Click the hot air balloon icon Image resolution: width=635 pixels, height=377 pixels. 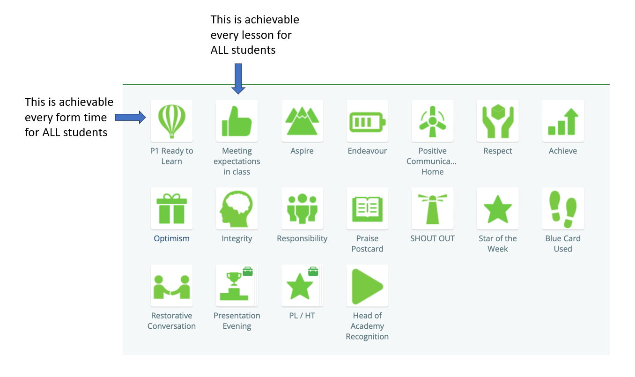(x=171, y=121)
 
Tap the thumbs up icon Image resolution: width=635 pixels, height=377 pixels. (x=236, y=121)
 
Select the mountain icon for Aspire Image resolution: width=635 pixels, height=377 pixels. (x=302, y=121)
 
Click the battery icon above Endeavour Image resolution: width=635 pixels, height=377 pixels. (x=367, y=122)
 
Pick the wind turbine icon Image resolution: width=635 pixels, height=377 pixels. (x=432, y=121)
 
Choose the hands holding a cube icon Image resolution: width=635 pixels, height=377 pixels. (x=497, y=121)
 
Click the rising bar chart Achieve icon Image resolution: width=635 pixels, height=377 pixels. (x=563, y=122)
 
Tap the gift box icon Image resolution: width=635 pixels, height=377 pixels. (x=171, y=208)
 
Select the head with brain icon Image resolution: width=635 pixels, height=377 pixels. (x=236, y=209)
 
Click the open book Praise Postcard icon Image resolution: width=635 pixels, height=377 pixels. (x=367, y=209)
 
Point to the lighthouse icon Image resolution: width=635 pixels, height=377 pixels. (x=432, y=209)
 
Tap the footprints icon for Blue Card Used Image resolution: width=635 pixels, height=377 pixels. (x=563, y=209)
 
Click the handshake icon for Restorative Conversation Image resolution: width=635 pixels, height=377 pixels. (x=171, y=287)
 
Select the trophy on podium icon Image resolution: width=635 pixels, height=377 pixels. (x=234, y=286)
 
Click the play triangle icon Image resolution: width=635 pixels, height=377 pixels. (x=367, y=286)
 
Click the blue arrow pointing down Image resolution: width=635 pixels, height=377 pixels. (x=238, y=79)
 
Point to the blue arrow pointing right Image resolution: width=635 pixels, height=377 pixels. (x=130, y=117)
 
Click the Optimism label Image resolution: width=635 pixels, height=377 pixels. (x=171, y=238)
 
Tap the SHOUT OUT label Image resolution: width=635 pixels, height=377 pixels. (x=432, y=238)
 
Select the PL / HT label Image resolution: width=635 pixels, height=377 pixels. (x=302, y=316)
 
